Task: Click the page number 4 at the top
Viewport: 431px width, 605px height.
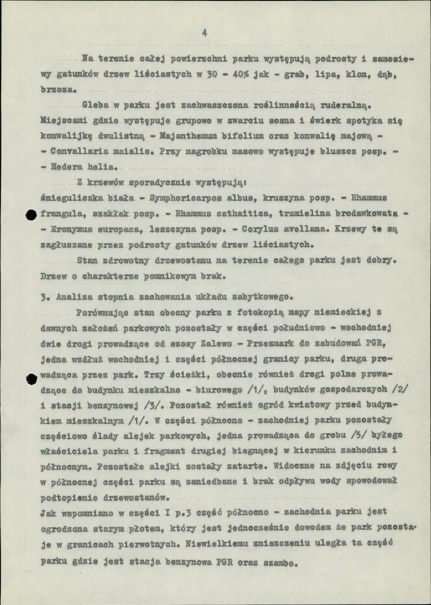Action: point(204,33)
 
